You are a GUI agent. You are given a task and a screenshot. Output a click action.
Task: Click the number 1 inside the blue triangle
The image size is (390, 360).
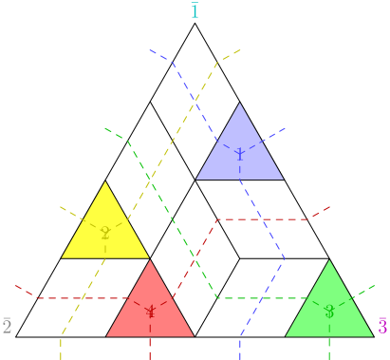click(x=239, y=155)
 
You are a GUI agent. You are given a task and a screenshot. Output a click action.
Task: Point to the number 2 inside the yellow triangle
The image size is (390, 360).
click(x=105, y=234)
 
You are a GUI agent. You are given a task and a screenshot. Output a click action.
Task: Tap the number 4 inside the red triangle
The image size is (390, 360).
click(x=150, y=312)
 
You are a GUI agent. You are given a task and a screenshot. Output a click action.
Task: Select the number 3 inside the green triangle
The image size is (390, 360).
click(x=329, y=312)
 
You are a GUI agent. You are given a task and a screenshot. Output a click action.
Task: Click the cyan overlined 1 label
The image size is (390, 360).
click(x=195, y=11)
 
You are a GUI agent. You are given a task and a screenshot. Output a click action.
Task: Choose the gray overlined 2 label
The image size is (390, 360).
click(x=7, y=327)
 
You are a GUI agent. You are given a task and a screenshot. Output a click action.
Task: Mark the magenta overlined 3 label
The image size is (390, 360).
click(x=382, y=327)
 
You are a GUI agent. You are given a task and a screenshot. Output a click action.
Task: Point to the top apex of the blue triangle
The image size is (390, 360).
click(x=239, y=103)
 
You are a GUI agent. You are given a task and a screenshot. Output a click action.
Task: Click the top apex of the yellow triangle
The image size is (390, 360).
click(x=105, y=181)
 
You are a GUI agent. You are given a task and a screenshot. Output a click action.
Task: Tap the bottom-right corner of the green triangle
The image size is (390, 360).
click(x=374, y=336)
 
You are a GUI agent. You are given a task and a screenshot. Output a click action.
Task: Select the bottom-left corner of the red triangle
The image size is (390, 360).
click(x=105, y=336)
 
